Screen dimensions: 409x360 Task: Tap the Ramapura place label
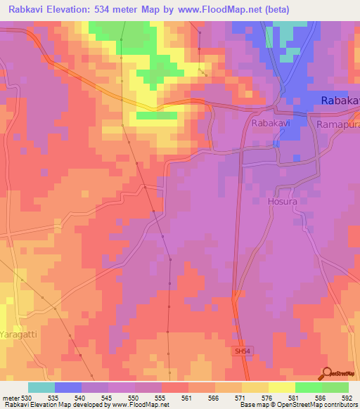(x=338, y=124)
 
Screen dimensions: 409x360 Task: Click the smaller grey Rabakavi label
(x=270, y=123)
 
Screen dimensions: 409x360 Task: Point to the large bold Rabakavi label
(x=340, y=101)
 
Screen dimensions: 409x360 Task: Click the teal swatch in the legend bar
(x=41, y=387)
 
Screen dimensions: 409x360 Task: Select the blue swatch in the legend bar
(x=67, y=387)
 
